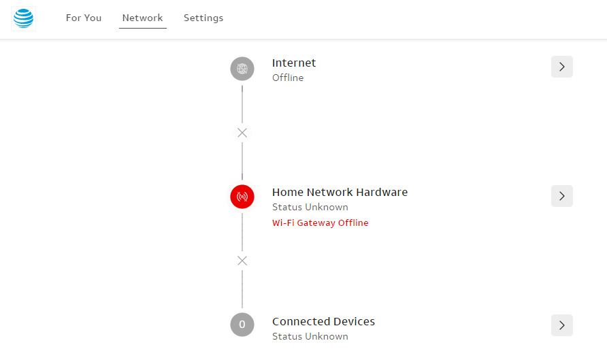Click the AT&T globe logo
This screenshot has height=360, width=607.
coord(24,18)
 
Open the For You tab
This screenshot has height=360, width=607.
coord(84,18)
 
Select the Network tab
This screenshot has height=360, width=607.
coord(142,18)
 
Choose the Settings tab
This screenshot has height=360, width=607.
coord(203,18)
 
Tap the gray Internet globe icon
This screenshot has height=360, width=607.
coord(242,69)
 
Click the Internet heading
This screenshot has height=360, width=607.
coord(294,63)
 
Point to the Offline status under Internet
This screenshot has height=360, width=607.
coord(288,78)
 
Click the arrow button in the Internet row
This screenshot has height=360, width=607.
coord(561,67)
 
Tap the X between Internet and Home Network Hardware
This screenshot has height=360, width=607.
coord(242,133)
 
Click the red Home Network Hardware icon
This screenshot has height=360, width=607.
coord(242,197)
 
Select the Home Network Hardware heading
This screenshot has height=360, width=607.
coord(340,192)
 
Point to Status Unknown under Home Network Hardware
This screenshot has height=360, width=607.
coord(310,207)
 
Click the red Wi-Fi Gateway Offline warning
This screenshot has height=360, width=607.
coord(320,223)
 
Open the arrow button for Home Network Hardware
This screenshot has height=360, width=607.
coord(561,196)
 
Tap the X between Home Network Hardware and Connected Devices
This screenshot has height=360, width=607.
coord(242,261)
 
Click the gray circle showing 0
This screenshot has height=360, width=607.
coord(242,325)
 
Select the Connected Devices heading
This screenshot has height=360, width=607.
coord(323,321)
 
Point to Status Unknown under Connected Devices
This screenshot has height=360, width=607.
coord(310,336)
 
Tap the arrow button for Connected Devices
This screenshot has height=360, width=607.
coord(561,325)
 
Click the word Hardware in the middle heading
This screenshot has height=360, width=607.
coord(382,192)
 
